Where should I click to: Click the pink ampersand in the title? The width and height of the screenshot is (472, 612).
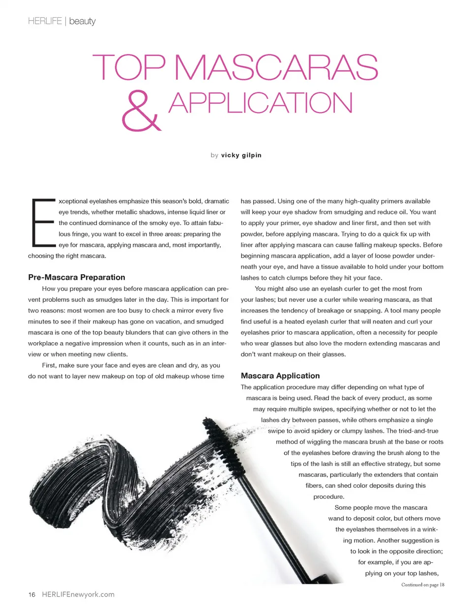click(x=141, y=111)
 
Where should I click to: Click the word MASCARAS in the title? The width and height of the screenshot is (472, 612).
click(x=276, y=67)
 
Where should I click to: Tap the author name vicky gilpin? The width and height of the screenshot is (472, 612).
click(x=241, y=155)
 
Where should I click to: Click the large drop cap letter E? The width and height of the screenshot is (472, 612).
click(x=42, y=223)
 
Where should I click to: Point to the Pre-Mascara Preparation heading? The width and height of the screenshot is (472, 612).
click(x=77, y=277)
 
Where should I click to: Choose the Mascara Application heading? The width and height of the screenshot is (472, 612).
click(x=280, y=376)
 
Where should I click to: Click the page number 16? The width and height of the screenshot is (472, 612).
click(x=32, y=595)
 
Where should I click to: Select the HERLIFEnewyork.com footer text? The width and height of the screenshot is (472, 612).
click(x=78, y=595)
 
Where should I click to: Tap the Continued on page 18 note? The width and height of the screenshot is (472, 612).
click(x=422, y=585)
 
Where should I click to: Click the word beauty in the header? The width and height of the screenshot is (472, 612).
click(x=82, y=21)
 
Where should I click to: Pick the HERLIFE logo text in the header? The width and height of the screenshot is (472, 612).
click(x=45, y=21)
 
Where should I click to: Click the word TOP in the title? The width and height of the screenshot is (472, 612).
click(x=129, y=67)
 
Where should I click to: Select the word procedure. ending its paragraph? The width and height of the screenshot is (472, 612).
click(x=328, y=496)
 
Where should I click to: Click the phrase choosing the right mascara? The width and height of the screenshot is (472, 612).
click(x=67, y=256)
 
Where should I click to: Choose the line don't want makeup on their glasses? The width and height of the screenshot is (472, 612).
click(x=293, y=354)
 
